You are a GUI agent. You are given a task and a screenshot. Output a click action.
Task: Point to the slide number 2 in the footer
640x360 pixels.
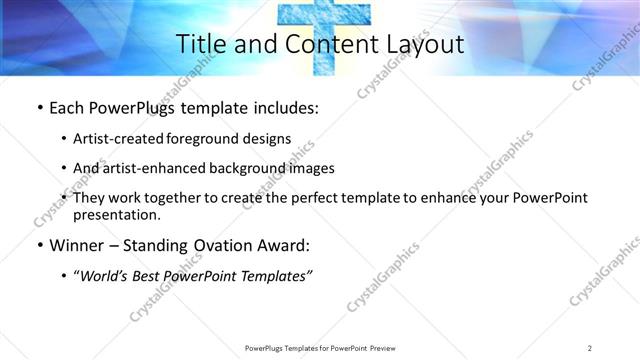(x=590, y=347)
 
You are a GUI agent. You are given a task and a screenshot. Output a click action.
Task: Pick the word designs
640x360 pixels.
(x=268, y=138)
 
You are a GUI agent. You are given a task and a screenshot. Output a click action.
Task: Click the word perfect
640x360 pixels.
(x=305, y=198)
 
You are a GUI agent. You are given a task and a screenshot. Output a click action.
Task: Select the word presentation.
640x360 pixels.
(x=116, y=214)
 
